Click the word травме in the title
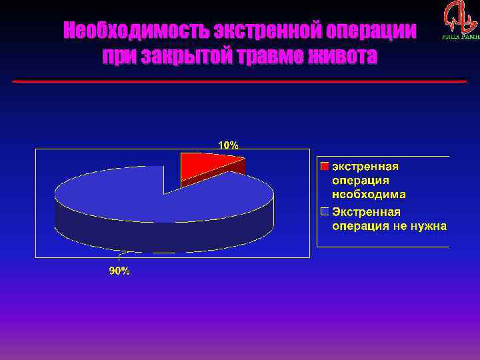click(266, 57)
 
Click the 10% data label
click(227, 144)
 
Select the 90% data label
click(119, 271)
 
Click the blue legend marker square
click(325, 212)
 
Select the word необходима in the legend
click(369, 195)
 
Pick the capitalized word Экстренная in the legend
click(367, 212)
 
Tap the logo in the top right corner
click(460, 20)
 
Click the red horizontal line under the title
click(240, 81)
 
